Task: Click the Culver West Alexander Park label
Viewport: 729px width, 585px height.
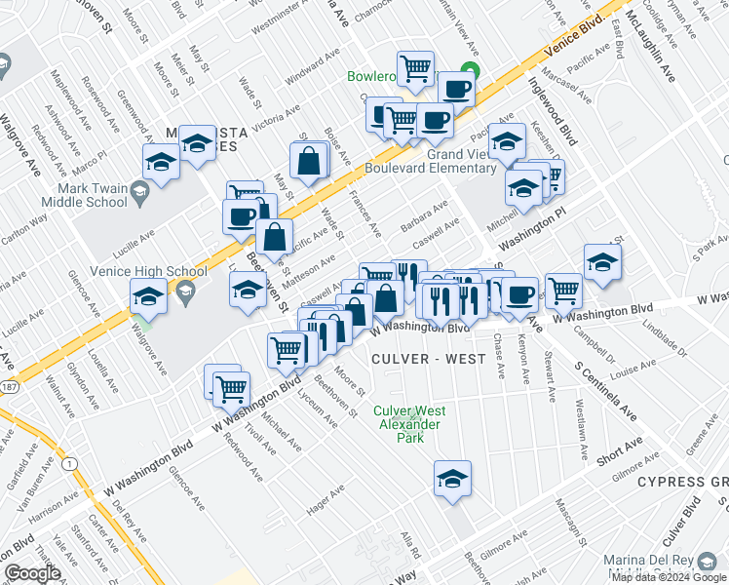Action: point(410,424)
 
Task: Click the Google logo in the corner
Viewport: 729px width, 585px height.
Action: point(32,572)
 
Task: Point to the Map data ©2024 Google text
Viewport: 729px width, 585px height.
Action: point(669,578)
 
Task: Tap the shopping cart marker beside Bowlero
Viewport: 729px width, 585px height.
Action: point(416,68)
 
